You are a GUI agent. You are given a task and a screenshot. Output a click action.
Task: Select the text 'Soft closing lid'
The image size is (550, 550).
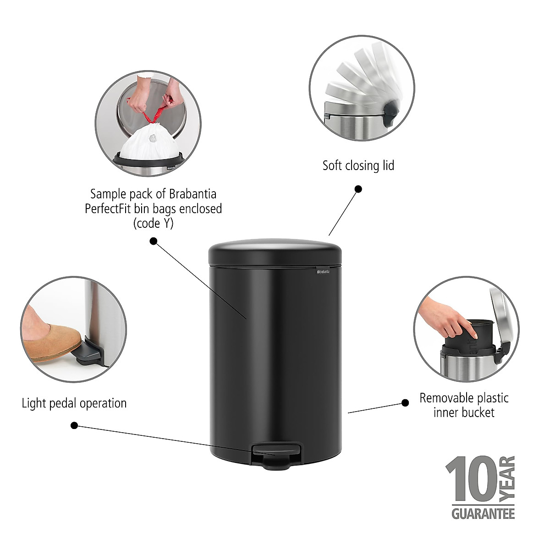click(358, 165)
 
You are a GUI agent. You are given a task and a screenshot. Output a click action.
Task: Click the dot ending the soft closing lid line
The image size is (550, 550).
click(358, 189)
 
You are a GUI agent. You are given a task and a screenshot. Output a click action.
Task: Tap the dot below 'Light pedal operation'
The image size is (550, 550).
click(74, 426)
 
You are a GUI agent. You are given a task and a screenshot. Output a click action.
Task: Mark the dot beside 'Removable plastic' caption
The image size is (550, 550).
click(405, 403)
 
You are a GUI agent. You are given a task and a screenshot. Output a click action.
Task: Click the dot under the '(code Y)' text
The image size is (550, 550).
click(154, 241)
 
